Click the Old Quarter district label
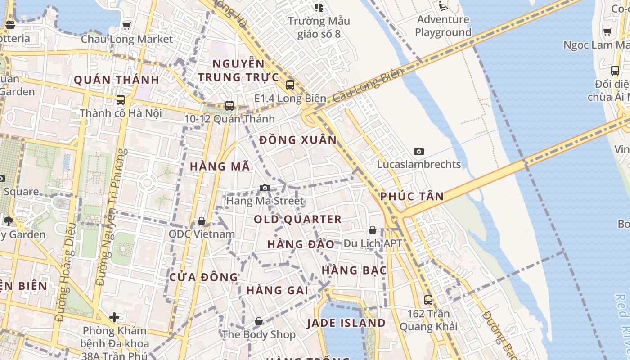tap(298, 220)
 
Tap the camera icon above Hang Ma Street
tap(265, 188)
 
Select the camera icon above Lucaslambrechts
tap(419, 151)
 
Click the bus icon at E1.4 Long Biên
tap(290, 85)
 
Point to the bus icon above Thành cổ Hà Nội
tap(120, 100)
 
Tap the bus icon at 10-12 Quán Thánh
tap(229, 106)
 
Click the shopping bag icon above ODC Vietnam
tap(202, 221)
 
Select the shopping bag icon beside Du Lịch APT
tap(373, 230)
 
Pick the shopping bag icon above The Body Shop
tap(259, 321)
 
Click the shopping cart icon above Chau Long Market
tap(127, 26)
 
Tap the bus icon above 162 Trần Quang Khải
tap(428, 300)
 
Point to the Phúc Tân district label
tap(412, 196)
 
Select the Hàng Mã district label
tap(220, 166)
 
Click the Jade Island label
tap(346, 323)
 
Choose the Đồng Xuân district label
tap(298, 140)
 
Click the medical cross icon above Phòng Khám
tap(114, 317)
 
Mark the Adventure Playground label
tap(443, 26)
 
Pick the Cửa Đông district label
tap(203, 277)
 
